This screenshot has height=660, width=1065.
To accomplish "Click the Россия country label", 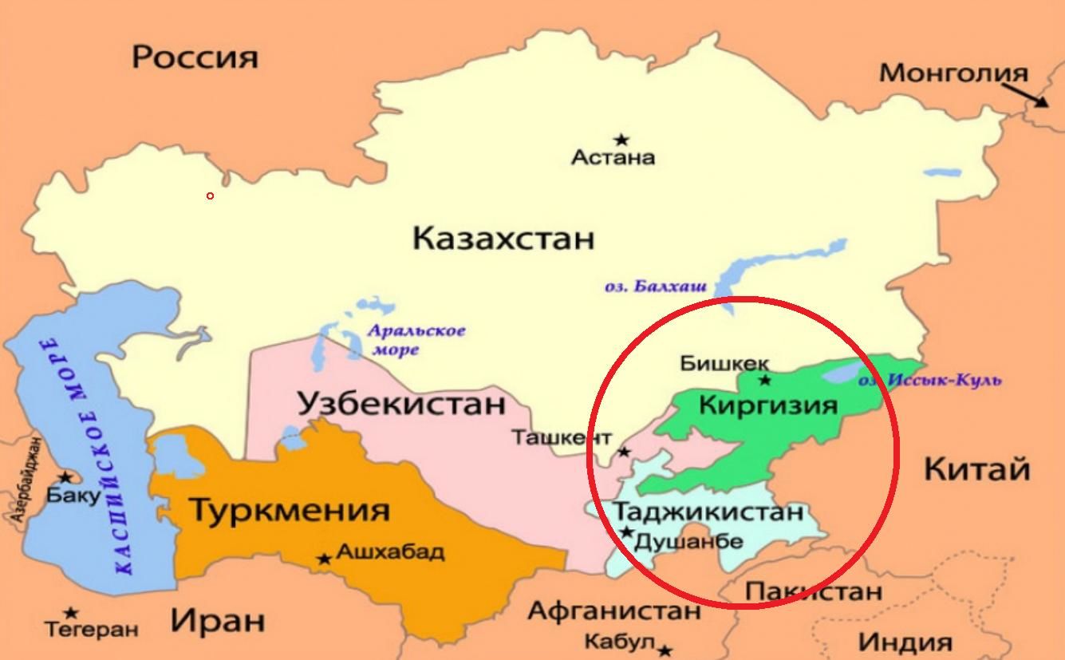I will coord(195,57).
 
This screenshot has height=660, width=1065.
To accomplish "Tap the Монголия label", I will coord(953,73).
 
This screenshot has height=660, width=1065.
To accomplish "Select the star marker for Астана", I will coord(621,140).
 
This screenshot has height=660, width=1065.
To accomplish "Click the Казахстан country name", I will coord(503,238).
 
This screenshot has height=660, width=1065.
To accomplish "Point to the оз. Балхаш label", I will coord(656,287).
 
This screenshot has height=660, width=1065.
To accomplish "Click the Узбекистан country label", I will coord(402,404).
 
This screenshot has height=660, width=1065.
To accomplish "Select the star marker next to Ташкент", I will coord(625,452).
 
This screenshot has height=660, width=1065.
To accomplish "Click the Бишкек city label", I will coord(724,363).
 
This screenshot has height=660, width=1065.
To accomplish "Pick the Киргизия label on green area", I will coord(768,405).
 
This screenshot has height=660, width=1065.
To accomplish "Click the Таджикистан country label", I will coord(707,511).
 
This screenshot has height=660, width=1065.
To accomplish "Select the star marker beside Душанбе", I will coord(627,532).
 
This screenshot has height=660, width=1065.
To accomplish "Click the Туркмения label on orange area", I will coord(289,509).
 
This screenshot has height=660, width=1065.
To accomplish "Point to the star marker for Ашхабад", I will coord(324,559).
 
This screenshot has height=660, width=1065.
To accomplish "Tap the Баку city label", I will coord(73,496).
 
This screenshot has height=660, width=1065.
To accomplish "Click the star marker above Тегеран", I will coord(71,613).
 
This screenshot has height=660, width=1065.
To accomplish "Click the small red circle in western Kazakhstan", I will coord(210,196).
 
